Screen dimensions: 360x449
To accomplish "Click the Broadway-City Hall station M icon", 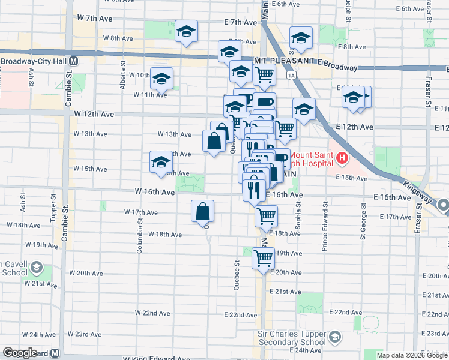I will click(73, 61).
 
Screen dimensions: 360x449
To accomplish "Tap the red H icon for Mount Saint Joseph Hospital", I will click(342, 158).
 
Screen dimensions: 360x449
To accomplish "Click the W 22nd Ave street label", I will click(152, 313).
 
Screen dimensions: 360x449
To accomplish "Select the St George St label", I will click(363, 221).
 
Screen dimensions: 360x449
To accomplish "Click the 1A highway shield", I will click(292, 75).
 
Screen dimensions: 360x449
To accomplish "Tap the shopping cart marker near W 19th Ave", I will click(263, 258).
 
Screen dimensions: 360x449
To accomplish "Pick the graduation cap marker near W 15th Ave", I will click(161, 162).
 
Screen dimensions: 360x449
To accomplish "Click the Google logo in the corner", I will click(20, 353).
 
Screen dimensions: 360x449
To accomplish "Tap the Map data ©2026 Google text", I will click(412, 355).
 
